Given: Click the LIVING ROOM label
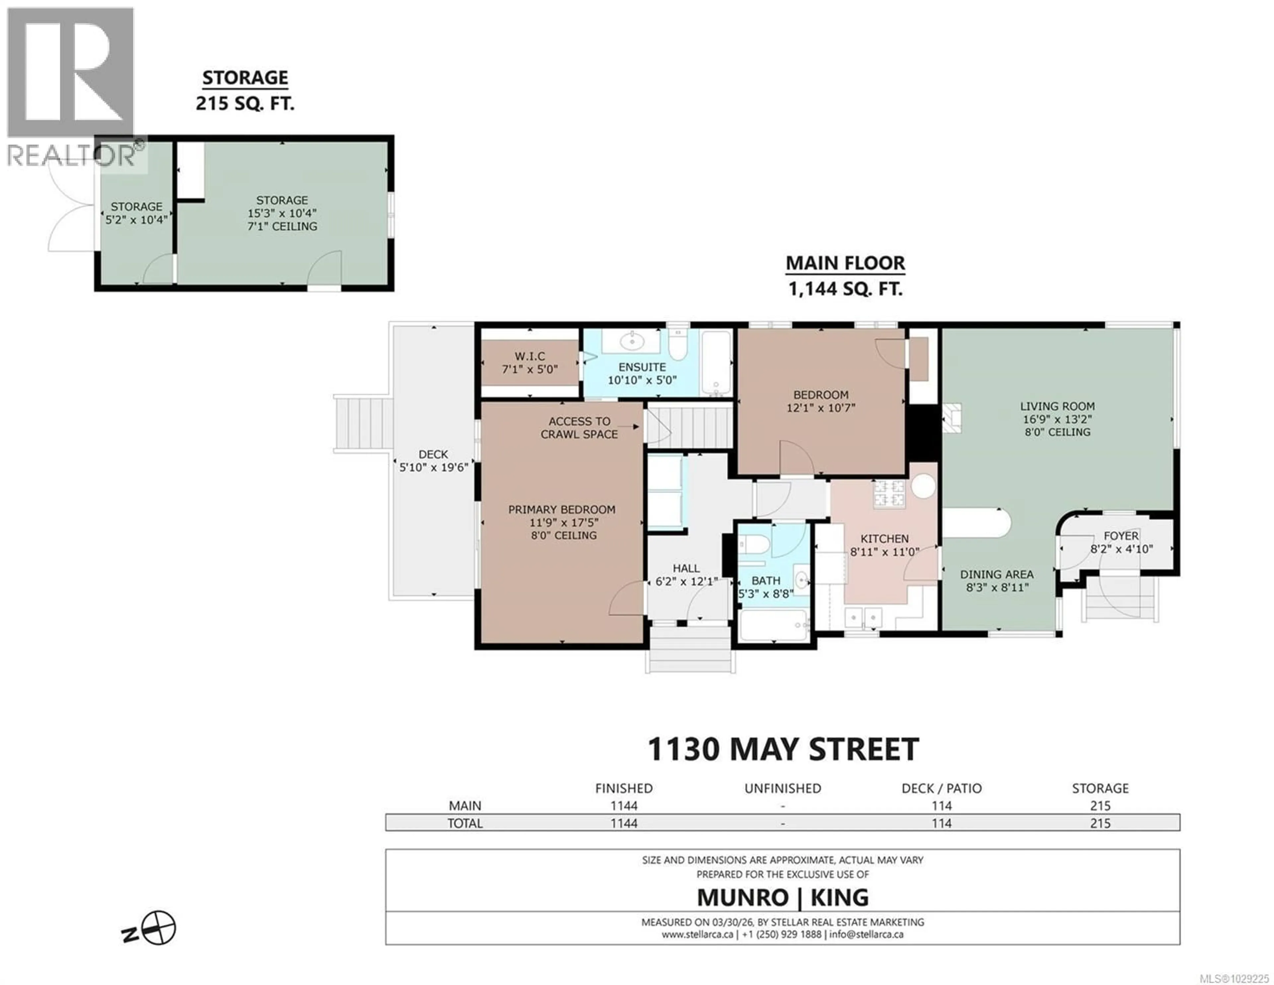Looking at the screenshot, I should point(1057,406).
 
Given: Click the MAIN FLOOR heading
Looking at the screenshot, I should point(845,264).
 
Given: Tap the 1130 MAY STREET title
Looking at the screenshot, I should point(783,749).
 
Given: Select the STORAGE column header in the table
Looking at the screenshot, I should point(1100,789).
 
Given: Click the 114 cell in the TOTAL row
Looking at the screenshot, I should point(942,823).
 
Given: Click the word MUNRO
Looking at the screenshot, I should point(743,897).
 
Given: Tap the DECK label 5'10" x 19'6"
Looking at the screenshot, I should point(433,461).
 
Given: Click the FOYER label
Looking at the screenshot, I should point(1121,536).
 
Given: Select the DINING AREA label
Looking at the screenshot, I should point(997,574).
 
